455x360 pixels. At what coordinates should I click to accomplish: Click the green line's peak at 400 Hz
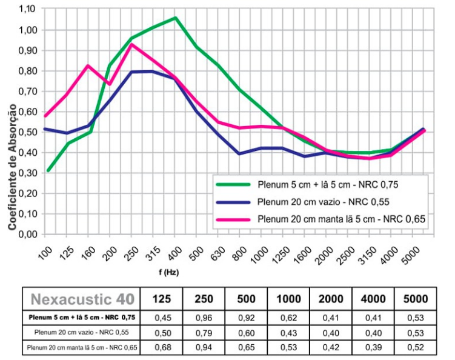[x=174, y=18]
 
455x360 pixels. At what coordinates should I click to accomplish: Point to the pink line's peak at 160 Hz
[x=88, y=65]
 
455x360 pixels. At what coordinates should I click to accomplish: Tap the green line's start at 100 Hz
[x=47, y=170]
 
